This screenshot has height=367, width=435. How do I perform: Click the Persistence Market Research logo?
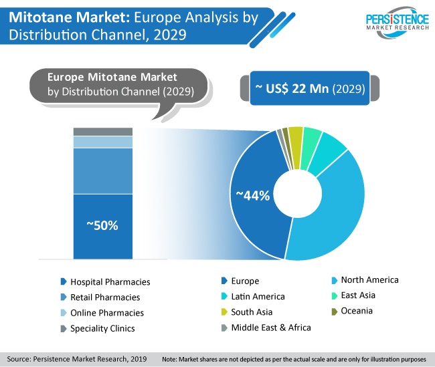tap(398, 23)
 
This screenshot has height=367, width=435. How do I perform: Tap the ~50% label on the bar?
tap(102, 226)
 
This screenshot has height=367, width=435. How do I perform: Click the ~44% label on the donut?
tap(253, 195)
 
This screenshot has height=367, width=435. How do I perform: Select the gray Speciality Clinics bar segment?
tap(103, 132)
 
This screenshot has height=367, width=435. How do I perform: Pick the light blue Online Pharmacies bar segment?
tap(103, 142)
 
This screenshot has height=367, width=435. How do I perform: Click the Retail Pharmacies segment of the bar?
tap(103, 171)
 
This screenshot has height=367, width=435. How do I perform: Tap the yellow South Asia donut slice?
tap(296, 148)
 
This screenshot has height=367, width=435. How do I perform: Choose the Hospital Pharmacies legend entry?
tap(106, 282)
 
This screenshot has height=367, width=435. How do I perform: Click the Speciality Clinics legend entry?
tap(98, 328)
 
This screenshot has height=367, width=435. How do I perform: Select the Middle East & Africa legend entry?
tap(266, 328)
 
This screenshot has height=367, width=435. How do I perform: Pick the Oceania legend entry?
tap(352, 311)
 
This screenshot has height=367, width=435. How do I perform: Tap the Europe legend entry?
tap(240, 281)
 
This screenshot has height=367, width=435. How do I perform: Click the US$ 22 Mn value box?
tap(310, 88)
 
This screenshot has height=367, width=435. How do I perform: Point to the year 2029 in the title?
tap(170, 35)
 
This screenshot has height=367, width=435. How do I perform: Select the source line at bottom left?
tap(77, 359)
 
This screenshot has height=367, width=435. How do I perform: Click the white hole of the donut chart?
tap(298, 193)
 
